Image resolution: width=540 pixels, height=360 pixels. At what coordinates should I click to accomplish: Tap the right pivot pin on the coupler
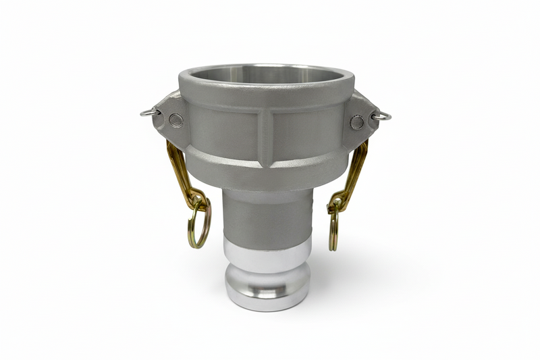click(357, 122)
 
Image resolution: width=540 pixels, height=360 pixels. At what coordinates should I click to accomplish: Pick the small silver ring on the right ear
click(381, 115)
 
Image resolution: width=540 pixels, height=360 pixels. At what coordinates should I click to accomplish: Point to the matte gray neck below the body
click(267, 209)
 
